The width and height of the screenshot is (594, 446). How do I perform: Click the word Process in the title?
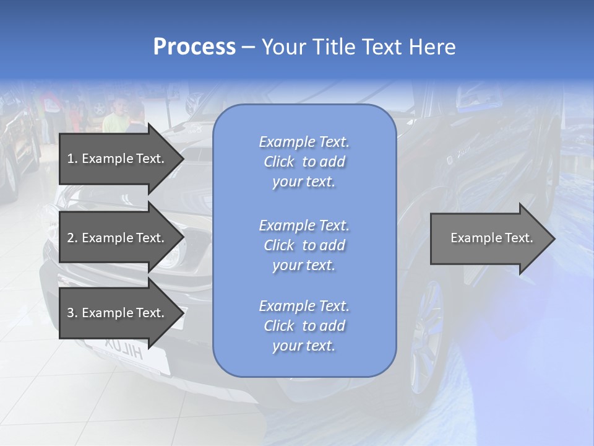pyautogui.click(x=194, y=47)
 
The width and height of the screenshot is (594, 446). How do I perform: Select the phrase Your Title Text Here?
pyautogui.click(x=358, y=47)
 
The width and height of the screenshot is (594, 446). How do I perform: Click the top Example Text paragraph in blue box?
pyautogui.click(x=304, y=162)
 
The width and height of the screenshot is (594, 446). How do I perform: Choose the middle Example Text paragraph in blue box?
pyautogui.click(x=304, y=245)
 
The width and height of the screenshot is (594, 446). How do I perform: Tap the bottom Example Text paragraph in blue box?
pyautogui.click(x=304, y=326)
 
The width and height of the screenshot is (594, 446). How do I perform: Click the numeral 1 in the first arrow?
pyautogui.click(x=70, y=159)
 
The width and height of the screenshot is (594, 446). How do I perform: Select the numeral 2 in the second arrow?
pyautogui.click(x=71, y=238)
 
